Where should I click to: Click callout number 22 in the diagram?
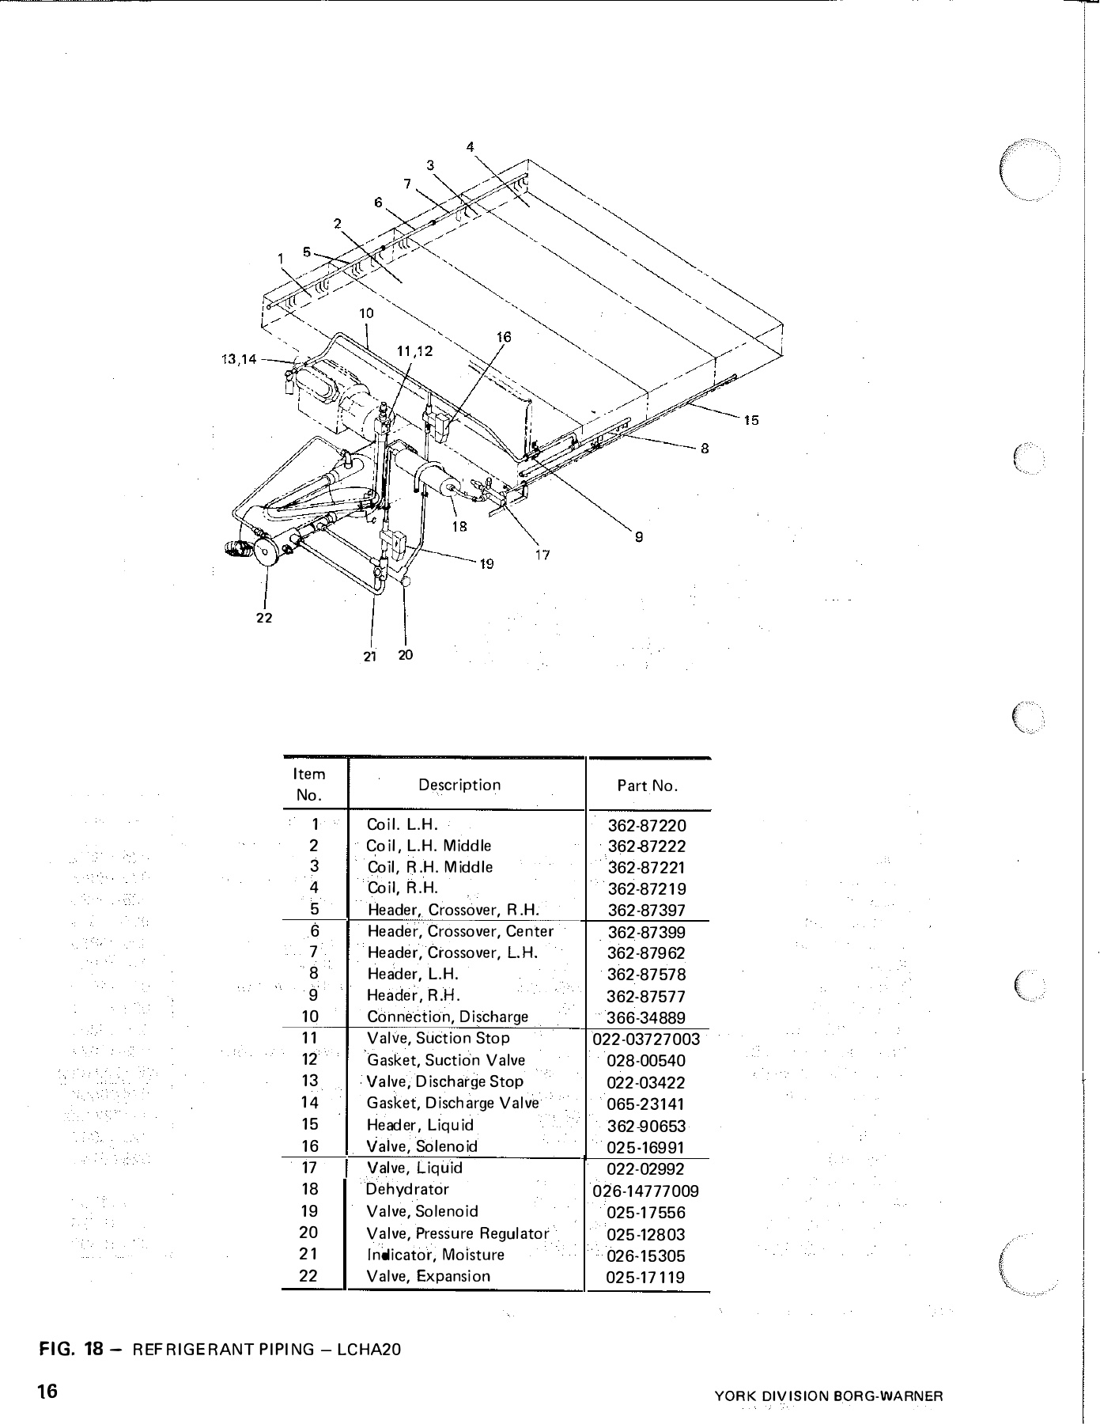pos(264,618)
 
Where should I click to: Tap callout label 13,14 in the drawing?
pos(238,360)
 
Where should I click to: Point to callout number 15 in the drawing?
pos(751,420)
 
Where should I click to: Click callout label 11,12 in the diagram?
pos(414,350)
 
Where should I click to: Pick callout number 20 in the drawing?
pos(405,655)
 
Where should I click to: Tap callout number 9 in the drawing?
pos(639,537)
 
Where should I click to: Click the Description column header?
pos(459,785)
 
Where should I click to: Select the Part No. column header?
pos(647,786)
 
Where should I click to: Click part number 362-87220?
pos(647,826)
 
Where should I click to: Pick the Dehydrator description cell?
pos(407,1189)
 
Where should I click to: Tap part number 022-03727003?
pos(646,1039)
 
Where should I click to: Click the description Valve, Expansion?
pos(428,1276)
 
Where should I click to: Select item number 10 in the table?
pos(310,1017)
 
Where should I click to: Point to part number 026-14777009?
pos(645,1191)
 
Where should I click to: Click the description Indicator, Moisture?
pos(435,1255)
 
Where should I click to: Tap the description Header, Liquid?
pos(420,1125)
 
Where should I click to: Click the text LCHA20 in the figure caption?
pos(369,1350)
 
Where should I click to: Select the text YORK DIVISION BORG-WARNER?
pos(829,1396)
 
